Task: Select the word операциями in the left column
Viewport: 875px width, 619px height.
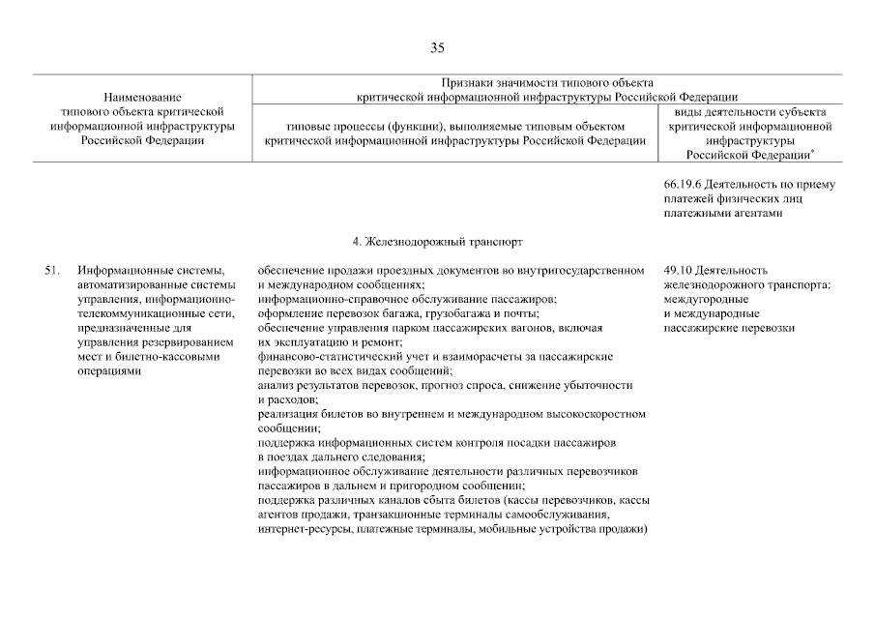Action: click(x=109, y=370)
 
